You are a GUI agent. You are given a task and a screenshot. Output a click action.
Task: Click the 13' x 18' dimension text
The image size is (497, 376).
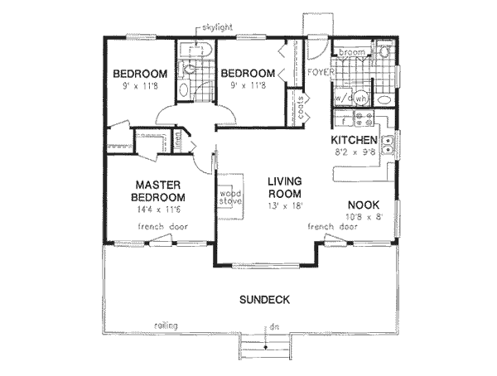click(x=283, y=206)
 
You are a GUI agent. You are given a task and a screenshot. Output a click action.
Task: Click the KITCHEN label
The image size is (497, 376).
click(x=355, y=140)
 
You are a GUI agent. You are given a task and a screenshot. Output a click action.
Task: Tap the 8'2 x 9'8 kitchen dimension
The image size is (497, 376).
click(x=355, y=152)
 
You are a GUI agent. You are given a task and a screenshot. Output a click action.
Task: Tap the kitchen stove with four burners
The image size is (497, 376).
click(x=362, y=118)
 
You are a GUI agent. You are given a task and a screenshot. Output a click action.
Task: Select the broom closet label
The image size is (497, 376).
click(x=351, y=52)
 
